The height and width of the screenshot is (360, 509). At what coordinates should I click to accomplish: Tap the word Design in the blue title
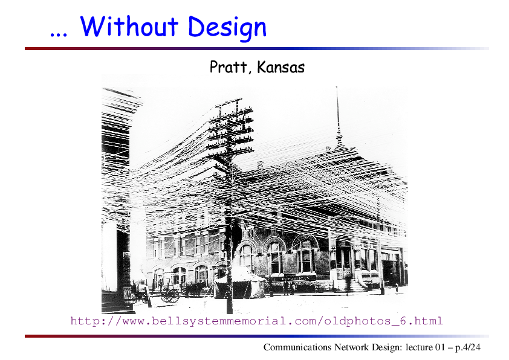point(227,28)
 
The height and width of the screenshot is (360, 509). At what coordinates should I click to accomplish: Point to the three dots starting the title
point(59,34)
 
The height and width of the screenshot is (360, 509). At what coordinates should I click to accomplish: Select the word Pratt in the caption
point(229,67)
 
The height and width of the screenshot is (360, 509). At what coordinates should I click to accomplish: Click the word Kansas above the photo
point(280,67)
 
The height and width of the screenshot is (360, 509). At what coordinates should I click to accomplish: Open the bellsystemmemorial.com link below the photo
point(256,321)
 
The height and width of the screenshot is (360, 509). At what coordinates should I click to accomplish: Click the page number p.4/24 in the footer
point(467,347)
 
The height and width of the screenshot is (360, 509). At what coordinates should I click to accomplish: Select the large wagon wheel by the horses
point(170,295)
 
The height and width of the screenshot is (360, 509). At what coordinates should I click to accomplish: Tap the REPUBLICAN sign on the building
point(296,278)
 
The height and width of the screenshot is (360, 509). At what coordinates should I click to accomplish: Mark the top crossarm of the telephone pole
point(229,101)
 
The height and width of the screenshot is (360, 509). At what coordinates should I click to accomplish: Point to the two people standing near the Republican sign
point(289,287)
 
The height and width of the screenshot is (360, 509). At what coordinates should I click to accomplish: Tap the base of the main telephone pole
point(230,310)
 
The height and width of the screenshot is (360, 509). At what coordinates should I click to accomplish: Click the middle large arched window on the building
point(276,256)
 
